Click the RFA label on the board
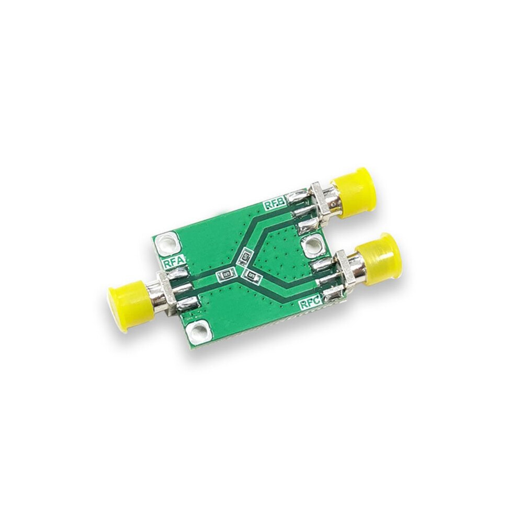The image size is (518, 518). pos(174,263)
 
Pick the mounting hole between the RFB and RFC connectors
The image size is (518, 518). pos(312,245)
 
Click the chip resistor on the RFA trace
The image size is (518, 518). pos(226,275)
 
